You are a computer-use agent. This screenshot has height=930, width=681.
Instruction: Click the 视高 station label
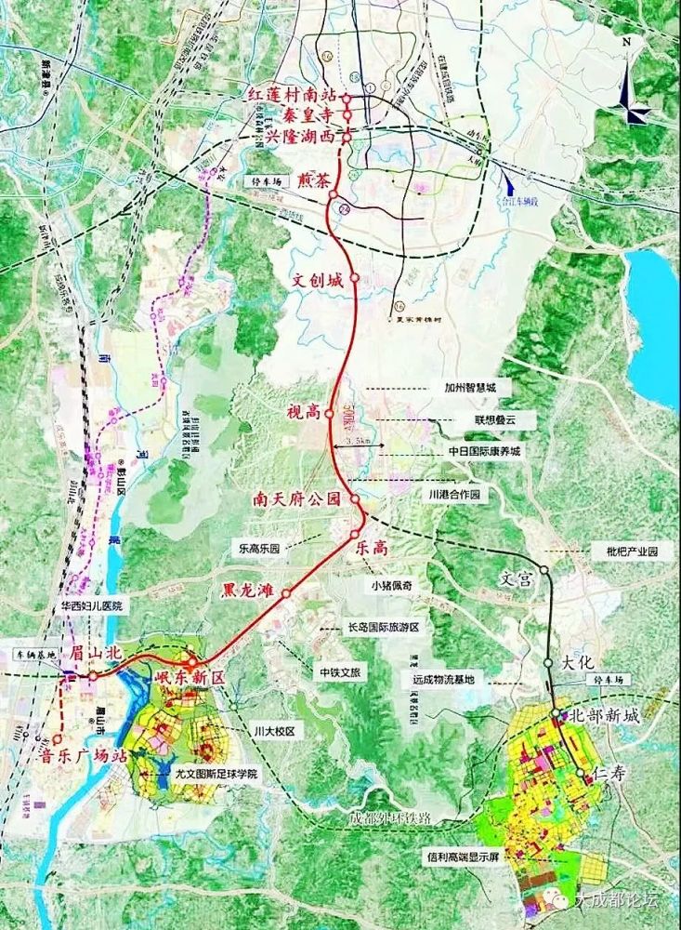tap(304, 410)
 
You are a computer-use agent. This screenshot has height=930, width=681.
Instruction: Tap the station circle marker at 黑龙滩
tap(287, 592)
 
